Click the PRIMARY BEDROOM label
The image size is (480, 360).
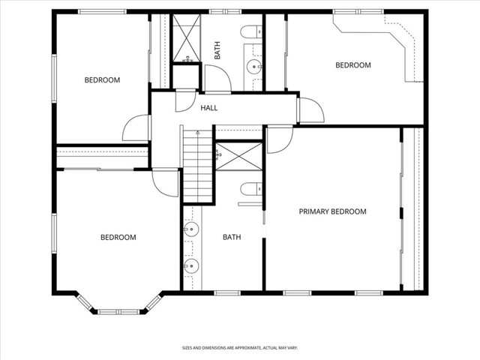click(332, 211)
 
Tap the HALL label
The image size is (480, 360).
click(209, 108)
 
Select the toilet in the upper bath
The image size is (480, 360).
click(251, 31)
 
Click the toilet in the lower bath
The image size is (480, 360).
click(251, 189)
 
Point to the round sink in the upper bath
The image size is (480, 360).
click(254, 66)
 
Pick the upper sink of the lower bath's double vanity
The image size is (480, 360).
click(191, 229)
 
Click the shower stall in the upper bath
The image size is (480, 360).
click(187, 37)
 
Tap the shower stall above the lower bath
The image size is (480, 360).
click(238, 156)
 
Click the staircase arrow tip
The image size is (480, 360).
click(198, 131)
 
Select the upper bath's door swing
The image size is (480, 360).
click(218, 79)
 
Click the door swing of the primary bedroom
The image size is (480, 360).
click(280, 140)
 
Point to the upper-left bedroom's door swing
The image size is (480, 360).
click(135, 128)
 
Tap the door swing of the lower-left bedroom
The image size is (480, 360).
click(165, 184)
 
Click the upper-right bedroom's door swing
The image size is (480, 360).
click(312, 110)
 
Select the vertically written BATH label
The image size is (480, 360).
click(217, 50)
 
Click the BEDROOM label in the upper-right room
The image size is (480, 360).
click(353, 65)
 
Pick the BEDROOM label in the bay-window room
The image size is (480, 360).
click(118, 237)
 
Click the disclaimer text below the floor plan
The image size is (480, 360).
click(240, 348)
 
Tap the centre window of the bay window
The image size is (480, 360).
click(118, 312)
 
